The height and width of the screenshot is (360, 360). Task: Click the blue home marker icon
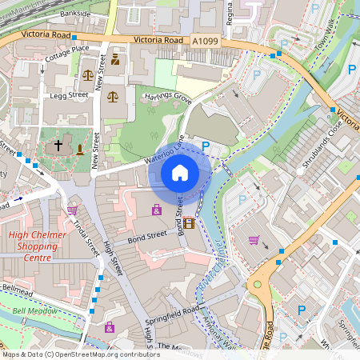(x=180, y=173)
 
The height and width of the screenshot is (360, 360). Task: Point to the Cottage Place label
(x=67, y=49)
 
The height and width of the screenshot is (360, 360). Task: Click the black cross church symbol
(x=58, y=146)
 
